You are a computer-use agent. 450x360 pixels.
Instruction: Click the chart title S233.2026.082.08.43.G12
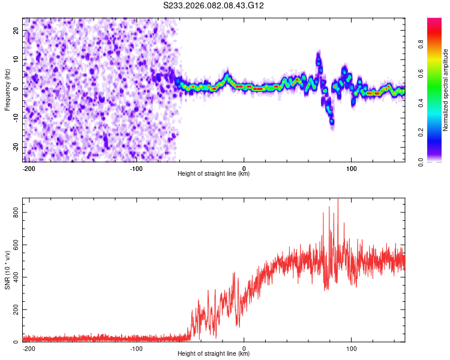pos(214,5)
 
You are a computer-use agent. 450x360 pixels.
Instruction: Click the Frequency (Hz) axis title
pos(7,88)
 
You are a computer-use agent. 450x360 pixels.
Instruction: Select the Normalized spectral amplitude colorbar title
pos(446,90)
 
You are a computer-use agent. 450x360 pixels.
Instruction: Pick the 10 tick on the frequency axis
pos(16,59)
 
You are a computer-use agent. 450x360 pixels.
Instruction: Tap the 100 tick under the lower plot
pos(351,349)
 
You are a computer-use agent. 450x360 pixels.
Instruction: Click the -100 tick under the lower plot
pos(136,349)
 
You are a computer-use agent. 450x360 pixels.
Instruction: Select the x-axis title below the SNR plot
pos(214,354)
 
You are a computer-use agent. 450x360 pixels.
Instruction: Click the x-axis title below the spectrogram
pos(214,174)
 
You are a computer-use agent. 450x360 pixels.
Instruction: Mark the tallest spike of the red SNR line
pos(338,200)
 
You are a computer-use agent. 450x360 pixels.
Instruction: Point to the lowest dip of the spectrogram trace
pos(332,122)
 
